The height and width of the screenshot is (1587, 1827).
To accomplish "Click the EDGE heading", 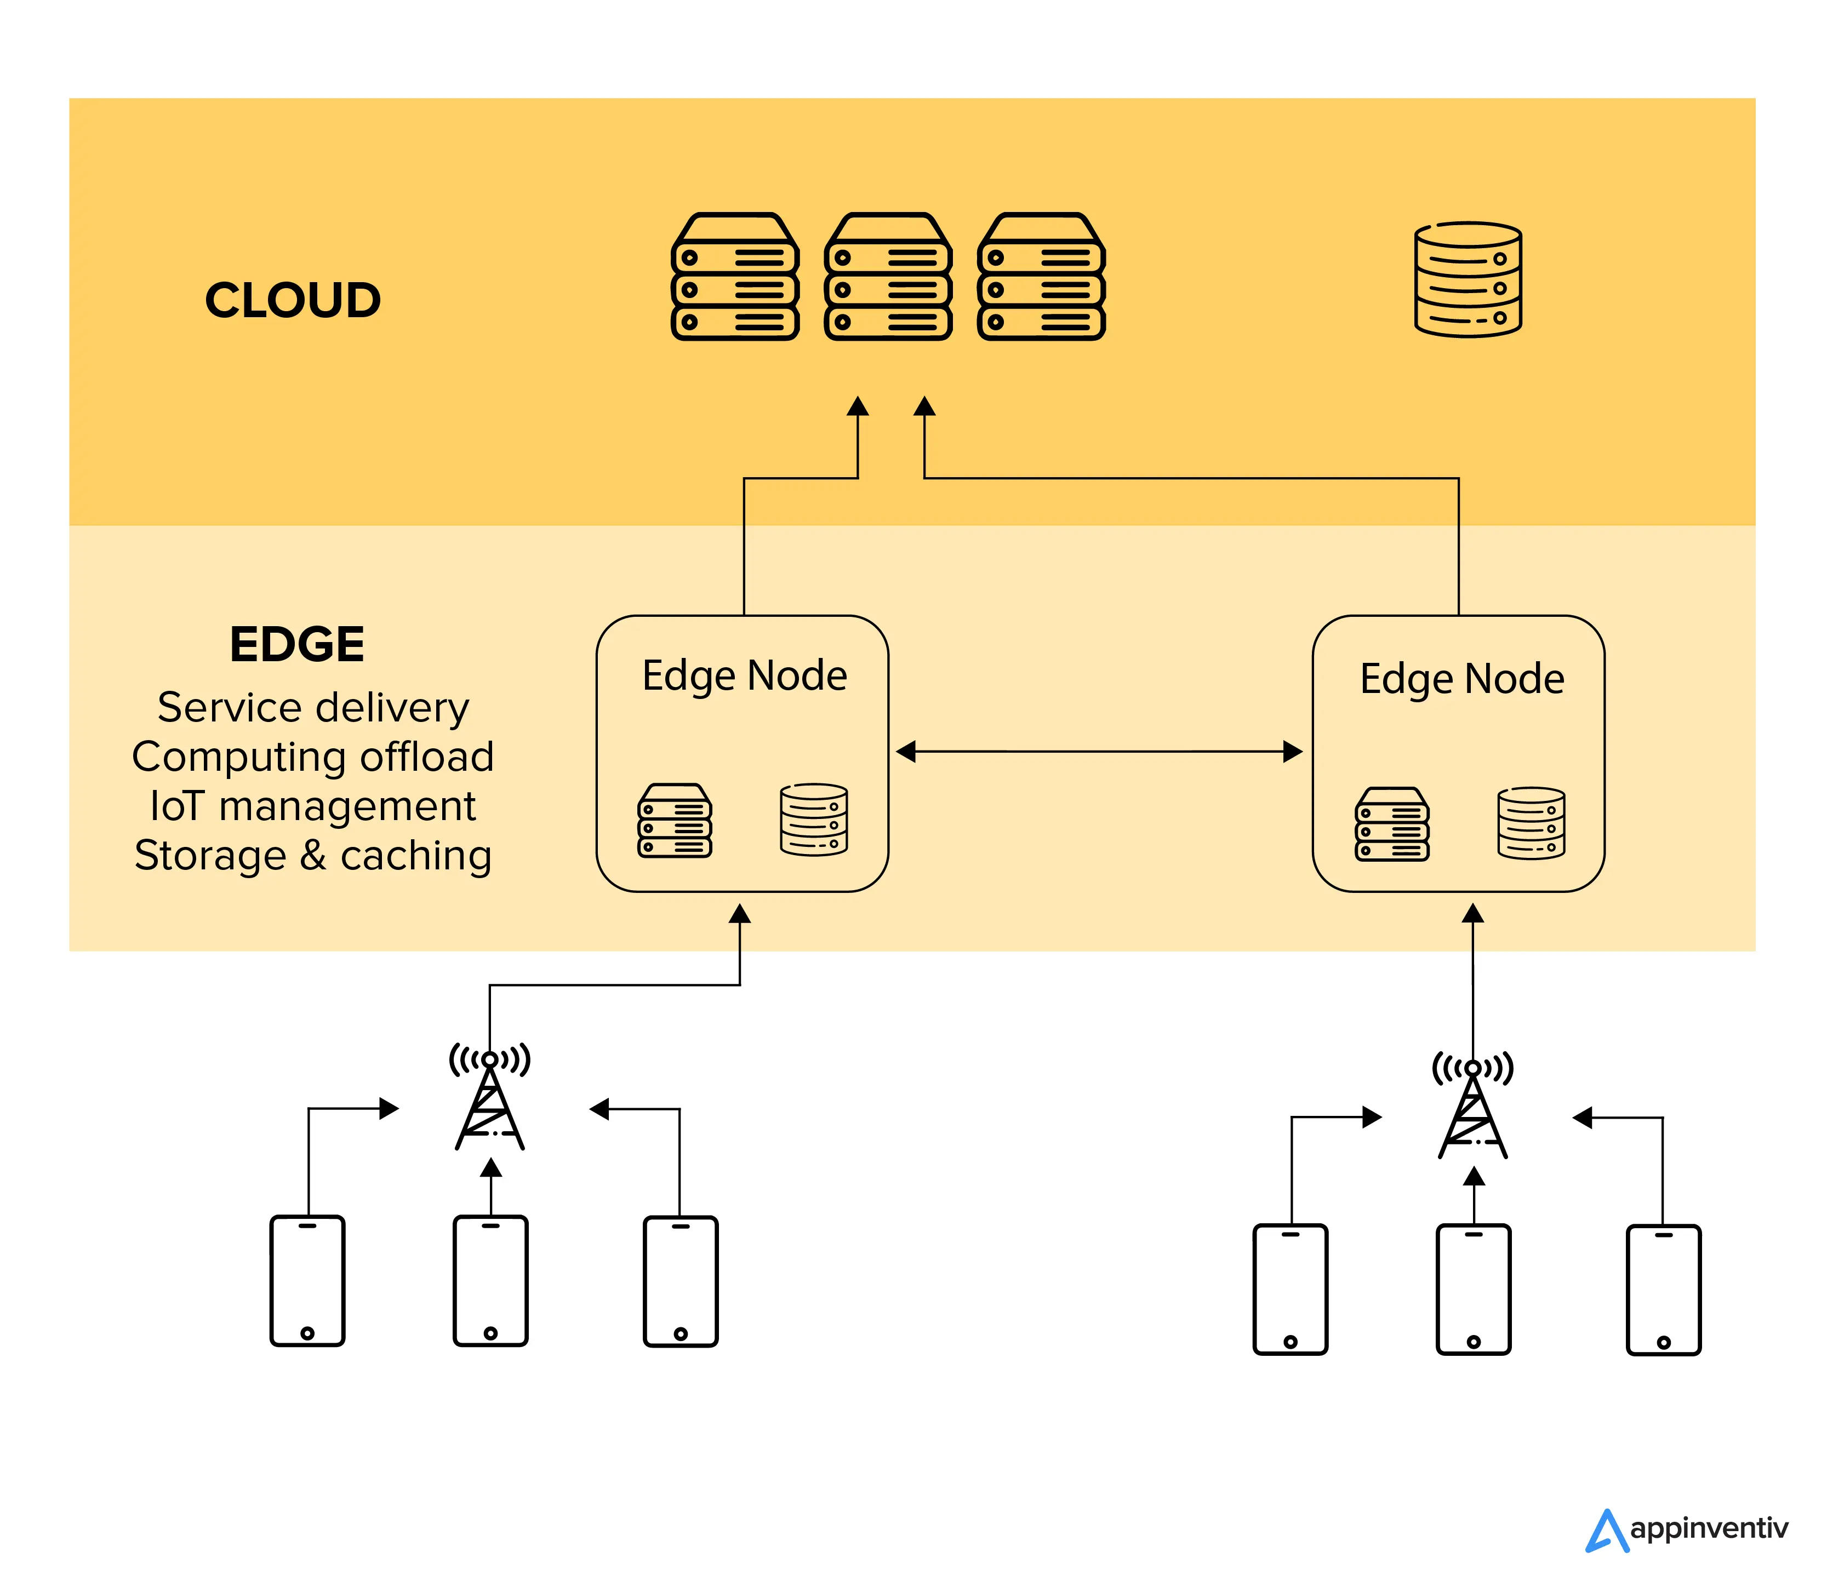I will [297, 644].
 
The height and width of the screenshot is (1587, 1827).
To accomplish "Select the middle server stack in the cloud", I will [888, 276].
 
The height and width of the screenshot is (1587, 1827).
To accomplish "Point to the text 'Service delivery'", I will [313, 708].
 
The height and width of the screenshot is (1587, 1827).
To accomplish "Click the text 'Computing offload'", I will [313, 757].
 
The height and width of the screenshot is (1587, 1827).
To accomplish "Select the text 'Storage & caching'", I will [313, 856].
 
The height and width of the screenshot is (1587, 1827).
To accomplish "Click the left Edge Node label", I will [744, 675].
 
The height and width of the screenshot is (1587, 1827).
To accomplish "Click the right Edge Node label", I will [1462, 679].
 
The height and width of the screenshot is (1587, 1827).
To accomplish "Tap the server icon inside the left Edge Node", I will [674, 820].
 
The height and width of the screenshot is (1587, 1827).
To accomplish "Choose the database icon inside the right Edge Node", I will [1531, 823].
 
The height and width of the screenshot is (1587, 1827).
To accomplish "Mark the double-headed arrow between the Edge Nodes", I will [1099, 752].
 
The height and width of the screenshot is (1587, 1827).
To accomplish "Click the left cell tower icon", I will [490, 1098].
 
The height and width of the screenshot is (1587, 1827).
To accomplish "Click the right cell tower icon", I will [1472, 1107].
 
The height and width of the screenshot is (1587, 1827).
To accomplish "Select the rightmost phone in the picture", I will [1663, 1290].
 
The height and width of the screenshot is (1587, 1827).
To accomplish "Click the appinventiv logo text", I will [1708, 1528].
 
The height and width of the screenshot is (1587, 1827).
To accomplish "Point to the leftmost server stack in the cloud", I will [734, 276].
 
